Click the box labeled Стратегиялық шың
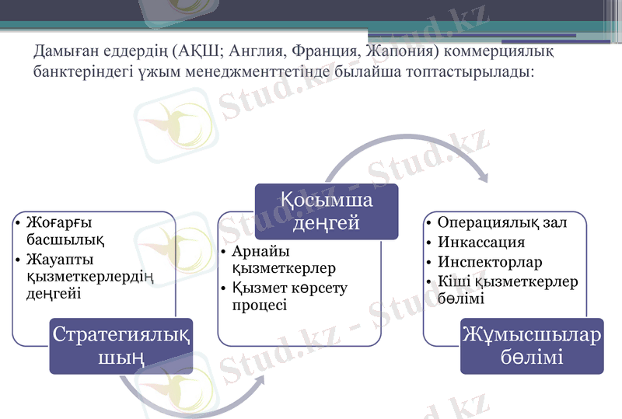pos(122,346)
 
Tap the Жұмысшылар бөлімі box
pos(532,346)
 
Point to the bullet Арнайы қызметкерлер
pos(284,260)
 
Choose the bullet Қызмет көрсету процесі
pos(289,296)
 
